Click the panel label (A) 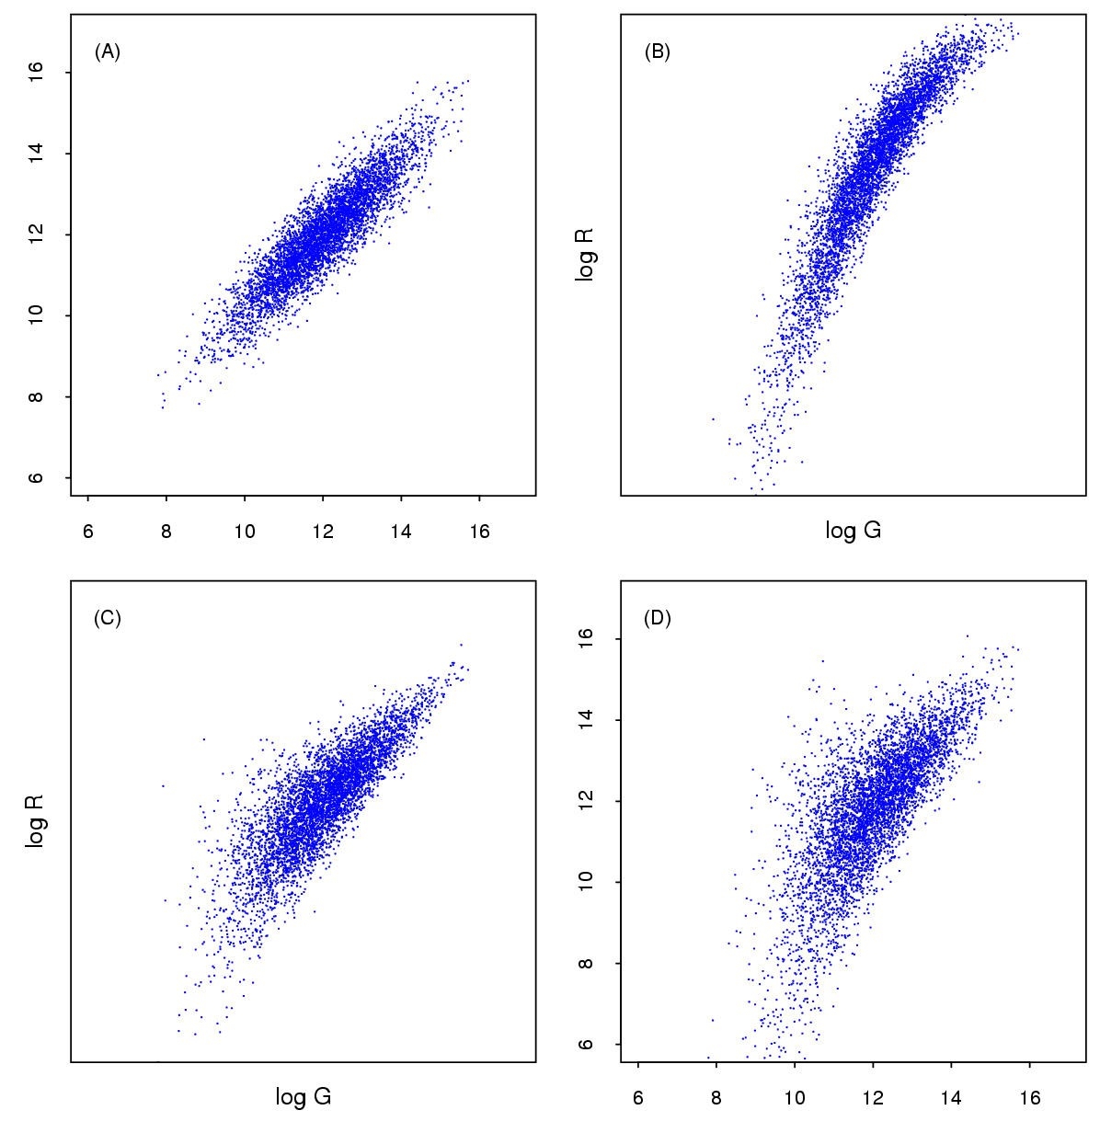(x=108, y=51)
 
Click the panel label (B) (x=658, y=51)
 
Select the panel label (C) (x=108, y=618)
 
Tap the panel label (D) (x=658, y=618)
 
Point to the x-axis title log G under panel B (x=853, y=531)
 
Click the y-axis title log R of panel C (x=36, y=822)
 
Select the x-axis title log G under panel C (x=304, y=1097)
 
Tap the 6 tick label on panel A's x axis (x=87, y=532)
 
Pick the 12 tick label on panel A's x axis (x=323, y=532)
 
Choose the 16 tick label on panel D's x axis (x=1029, y=1098)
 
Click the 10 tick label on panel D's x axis (x=794, y=1098)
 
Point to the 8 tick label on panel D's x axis (x=716, y=1098)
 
